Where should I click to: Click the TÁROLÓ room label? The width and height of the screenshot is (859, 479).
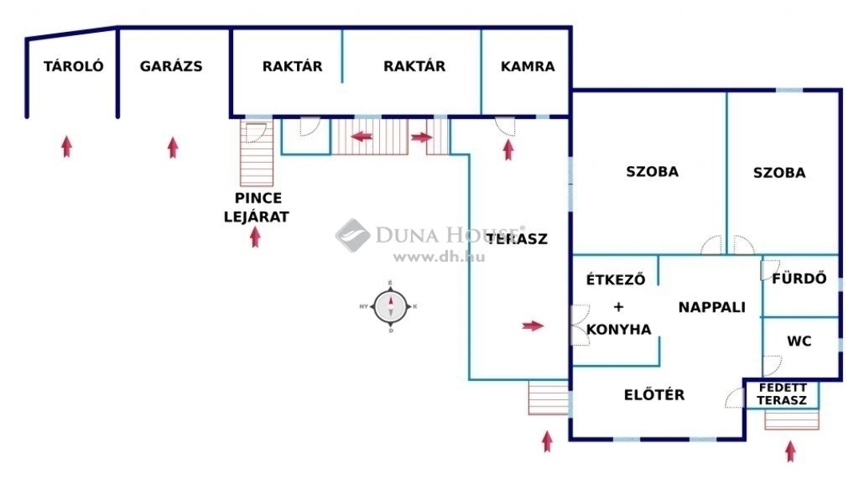click(73, 66)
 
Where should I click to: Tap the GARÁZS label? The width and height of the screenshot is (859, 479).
click(171, 66)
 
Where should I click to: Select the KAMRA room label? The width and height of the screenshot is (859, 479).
click(528, 66)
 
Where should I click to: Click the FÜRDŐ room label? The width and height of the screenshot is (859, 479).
click(799, 278)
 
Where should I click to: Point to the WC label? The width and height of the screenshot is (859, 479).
click(799, 342)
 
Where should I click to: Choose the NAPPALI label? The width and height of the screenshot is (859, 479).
click(711, 307)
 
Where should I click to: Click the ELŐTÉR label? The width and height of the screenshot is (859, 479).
click(654, 394)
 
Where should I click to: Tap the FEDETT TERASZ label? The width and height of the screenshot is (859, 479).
click(782, 394)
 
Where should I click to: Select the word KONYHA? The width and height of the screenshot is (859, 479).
click(619, 330)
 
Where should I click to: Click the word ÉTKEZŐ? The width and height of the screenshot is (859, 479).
click(616, 279)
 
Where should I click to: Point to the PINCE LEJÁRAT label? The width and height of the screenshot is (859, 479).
click(256, 207)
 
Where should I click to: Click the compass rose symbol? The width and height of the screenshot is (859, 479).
click(390, 307)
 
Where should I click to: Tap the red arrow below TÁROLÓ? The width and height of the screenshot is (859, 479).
click(67, 147)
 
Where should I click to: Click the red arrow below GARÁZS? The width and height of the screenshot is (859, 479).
click(173, 148)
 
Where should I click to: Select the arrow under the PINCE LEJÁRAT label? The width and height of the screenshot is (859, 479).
click(255, 237)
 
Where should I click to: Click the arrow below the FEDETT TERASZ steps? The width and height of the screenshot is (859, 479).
click(790, 451)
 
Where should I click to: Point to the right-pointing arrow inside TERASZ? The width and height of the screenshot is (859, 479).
click(532, 326)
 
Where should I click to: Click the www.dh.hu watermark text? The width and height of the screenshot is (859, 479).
click(439, 256)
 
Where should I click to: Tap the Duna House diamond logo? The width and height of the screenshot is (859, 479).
click(352, 236)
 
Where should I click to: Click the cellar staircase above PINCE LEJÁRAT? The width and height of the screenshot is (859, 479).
click(256, 153)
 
